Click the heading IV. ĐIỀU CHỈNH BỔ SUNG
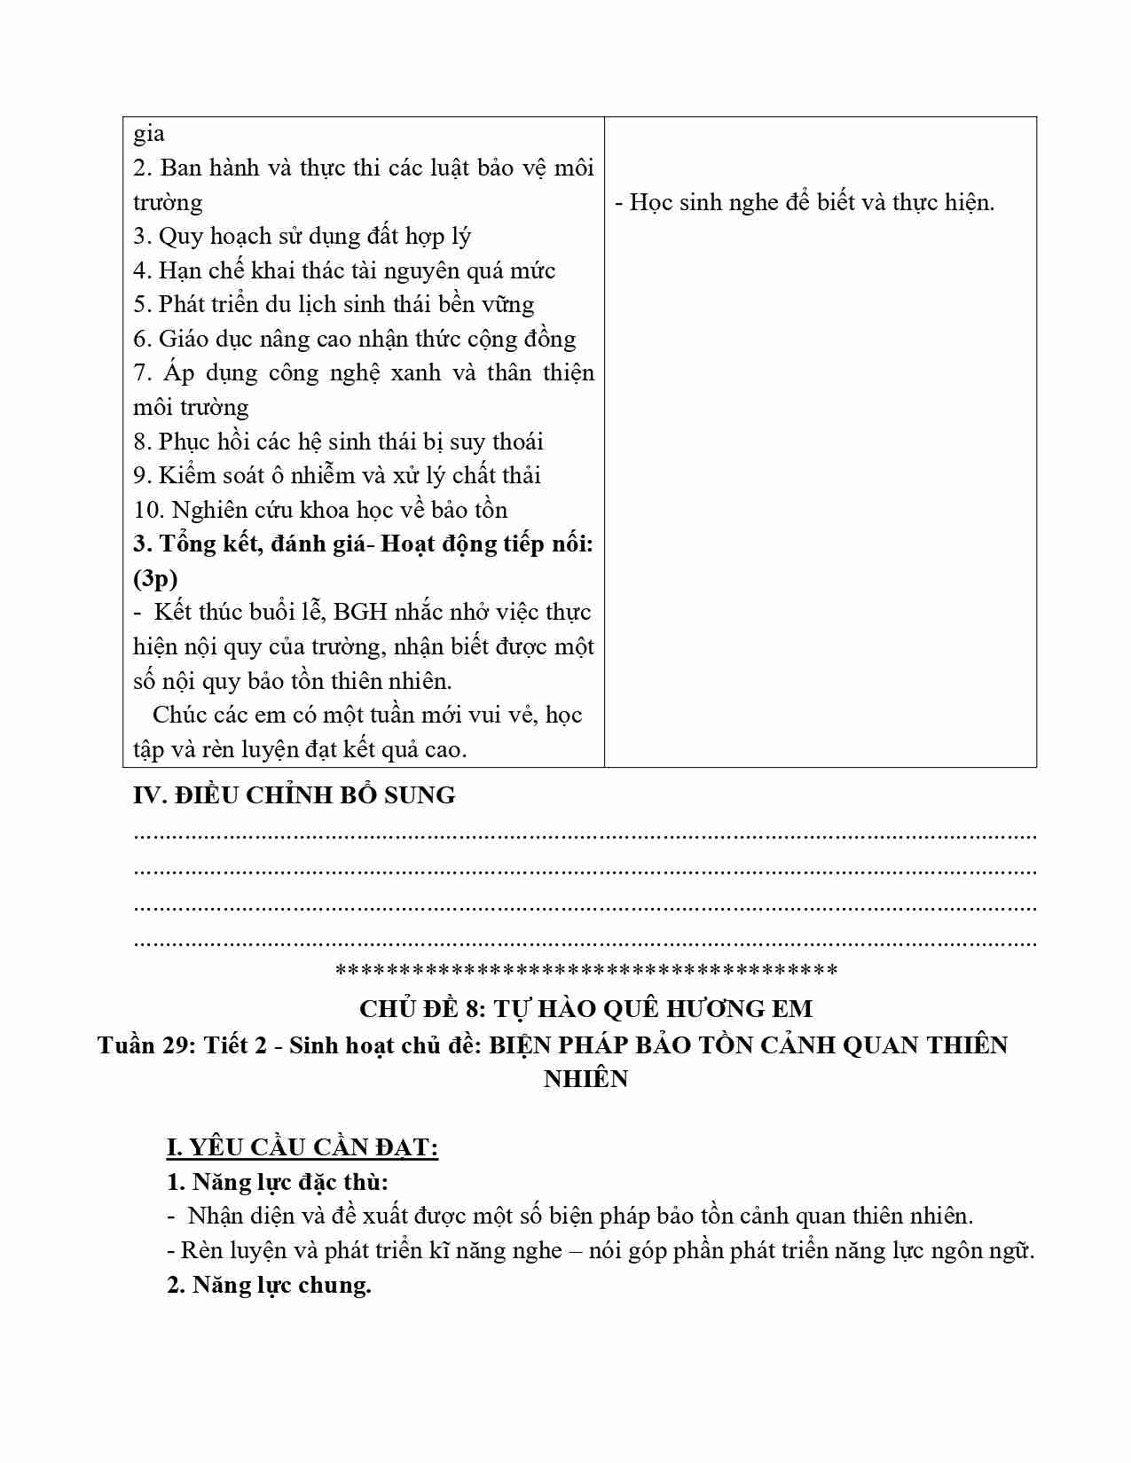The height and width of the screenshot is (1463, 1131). [294, 795]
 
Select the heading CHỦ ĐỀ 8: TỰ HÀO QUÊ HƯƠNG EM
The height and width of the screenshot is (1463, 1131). [585, 1008]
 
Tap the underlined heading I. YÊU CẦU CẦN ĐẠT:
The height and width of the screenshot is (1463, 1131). [302, 1147]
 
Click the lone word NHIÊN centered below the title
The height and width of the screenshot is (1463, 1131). [585, 1079]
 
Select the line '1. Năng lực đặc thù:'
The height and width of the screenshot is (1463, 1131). [278, 1182]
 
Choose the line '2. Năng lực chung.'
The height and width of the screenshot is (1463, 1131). [269, 1285]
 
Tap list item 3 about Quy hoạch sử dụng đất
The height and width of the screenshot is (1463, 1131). [302, 237]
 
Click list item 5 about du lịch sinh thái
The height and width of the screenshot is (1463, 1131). [334, 305]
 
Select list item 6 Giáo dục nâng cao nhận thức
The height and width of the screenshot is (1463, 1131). [354, 339]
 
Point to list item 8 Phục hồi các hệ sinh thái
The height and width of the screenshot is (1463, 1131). [338, 442]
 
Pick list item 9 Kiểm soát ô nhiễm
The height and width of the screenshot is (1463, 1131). [337, 475]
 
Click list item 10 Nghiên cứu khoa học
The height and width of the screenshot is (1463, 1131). [320, 510]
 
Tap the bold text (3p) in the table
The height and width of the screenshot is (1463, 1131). [155, 579]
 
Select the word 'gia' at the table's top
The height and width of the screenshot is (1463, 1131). [148, 134]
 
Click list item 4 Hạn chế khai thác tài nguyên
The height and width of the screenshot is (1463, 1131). [344, 270]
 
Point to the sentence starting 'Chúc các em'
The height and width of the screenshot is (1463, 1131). [366, 716]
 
